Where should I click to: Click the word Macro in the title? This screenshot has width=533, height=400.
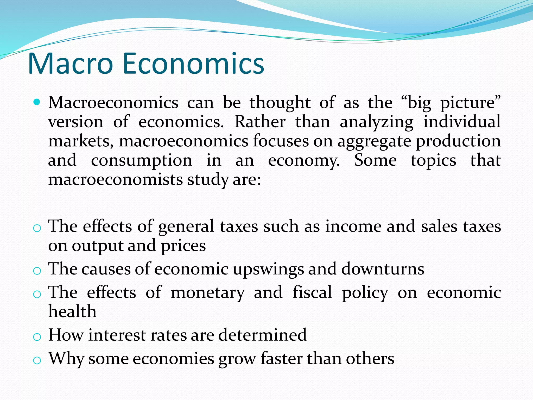(70, 64)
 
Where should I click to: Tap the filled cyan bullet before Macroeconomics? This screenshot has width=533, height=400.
(37, 102)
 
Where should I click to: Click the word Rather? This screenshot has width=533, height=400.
(260, 122)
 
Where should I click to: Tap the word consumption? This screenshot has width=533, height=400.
(142, 161)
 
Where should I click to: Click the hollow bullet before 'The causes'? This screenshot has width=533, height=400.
(37, 271)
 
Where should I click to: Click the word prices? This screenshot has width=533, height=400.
(183, 246)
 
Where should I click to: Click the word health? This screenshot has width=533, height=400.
(72, 311)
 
